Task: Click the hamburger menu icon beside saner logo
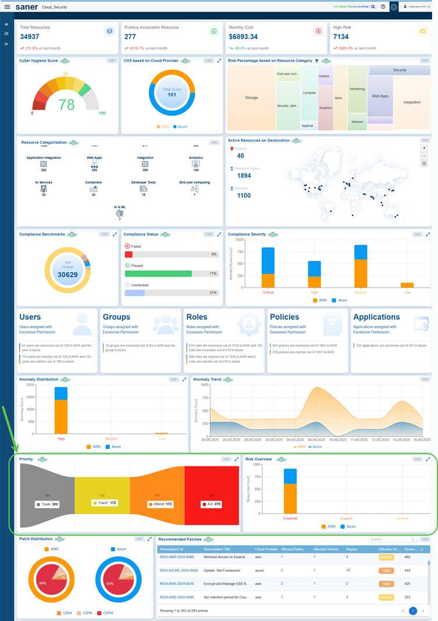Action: click(7, 7)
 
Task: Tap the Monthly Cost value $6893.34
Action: click(243, 37)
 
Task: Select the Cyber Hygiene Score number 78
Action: click(67, 104)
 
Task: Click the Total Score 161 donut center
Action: click(172, 92)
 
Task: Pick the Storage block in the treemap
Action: click(251, 98)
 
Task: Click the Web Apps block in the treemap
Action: click(380, 96)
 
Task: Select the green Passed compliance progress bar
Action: click(158, 273)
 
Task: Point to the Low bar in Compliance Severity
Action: click(407, 285)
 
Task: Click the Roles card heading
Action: click(197, 317)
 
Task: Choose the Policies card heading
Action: click(284, 317)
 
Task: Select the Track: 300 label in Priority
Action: click(47, 505)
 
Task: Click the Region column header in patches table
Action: click(351, 549)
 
